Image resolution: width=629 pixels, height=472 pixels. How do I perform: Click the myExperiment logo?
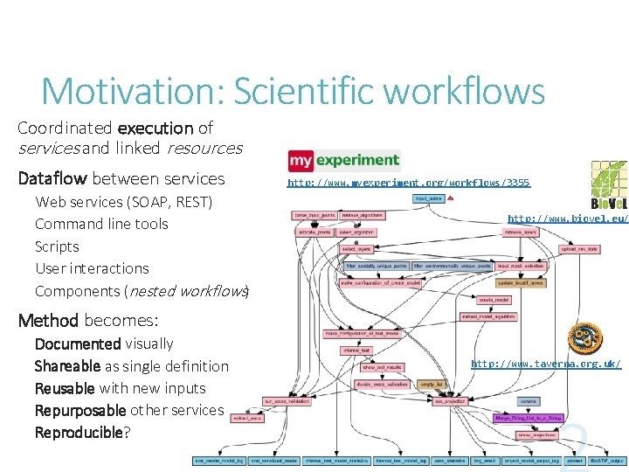tap(344, 161)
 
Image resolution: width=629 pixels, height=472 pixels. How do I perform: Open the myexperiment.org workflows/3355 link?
tap(408, 183)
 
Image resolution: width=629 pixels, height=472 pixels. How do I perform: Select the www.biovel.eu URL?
tap(566, 219)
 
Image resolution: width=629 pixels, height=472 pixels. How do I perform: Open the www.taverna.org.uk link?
tap(546, 364)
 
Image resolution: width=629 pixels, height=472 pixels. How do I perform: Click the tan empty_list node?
tap(431, 384)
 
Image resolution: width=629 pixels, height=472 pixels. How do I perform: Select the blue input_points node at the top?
tap(428, 198)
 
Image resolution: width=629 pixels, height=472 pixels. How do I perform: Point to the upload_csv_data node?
tap(578, 249)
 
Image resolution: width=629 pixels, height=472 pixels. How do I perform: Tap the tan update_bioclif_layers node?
tap(521, 282)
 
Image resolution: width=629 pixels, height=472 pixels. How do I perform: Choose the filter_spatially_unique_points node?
tap(377, 265)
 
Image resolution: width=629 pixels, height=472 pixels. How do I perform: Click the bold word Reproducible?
tap(79, 433)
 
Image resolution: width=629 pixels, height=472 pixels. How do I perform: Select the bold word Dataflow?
tap(52, 179)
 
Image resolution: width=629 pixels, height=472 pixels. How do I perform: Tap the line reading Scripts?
tap(57, 246)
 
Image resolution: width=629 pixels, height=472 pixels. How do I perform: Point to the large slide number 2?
tap(577, 446)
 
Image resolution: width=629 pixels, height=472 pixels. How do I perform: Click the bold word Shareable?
tap(68, 366)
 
